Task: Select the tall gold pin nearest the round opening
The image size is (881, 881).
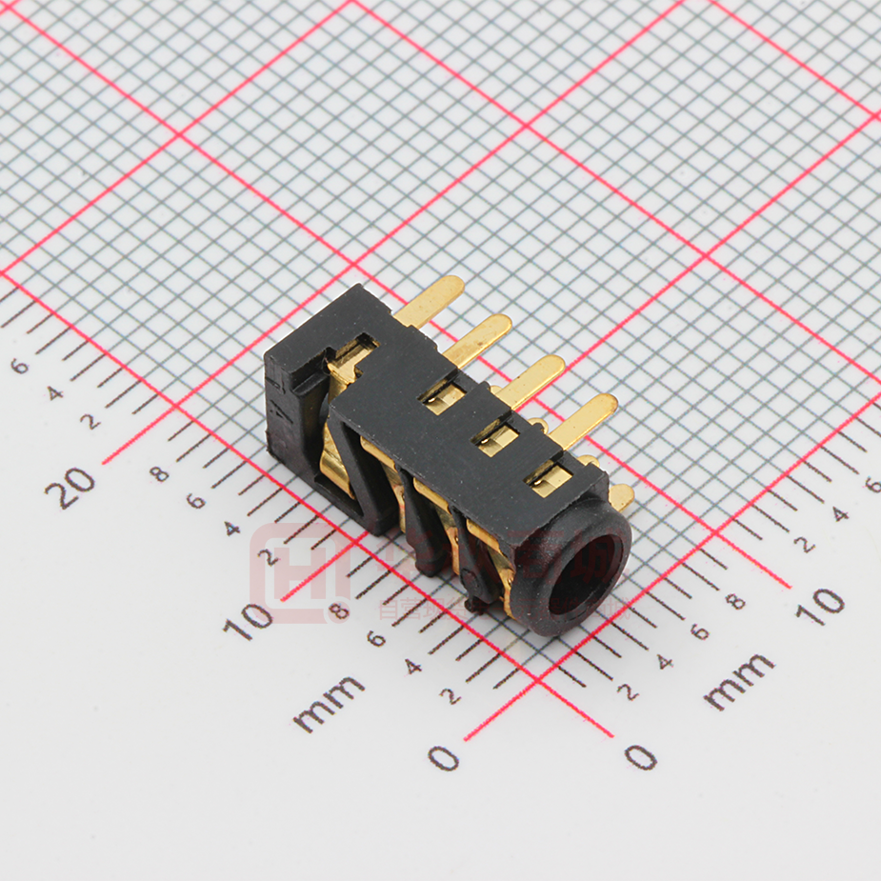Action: [x=583, y=419]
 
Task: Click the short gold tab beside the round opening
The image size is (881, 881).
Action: [x=621, y=495]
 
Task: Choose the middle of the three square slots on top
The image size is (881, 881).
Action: [x=496, y=439]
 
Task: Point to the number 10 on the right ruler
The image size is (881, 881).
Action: [x=820, y=604]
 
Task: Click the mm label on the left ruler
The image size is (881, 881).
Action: [x=329, y=703]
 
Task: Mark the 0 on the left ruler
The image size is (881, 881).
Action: [x=444, y=758]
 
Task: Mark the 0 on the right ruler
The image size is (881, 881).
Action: [x=641, y=757]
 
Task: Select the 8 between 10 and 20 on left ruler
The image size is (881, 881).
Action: [x=160, y=472]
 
